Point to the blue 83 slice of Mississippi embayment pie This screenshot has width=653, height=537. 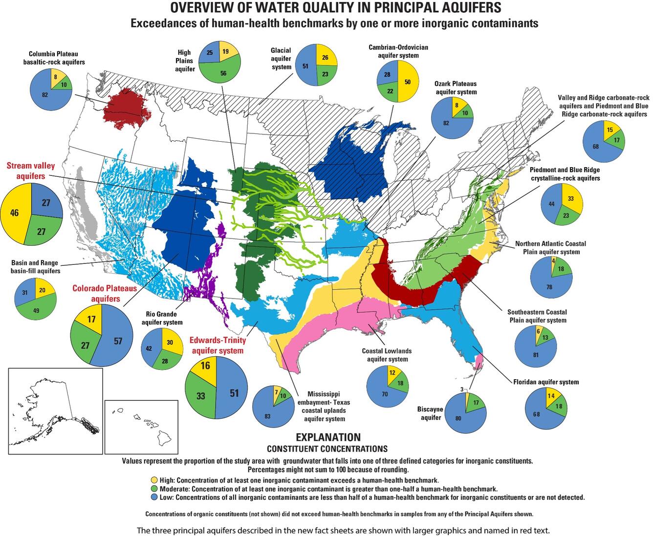[x=268, y=416]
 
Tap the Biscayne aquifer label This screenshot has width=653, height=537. [x=430, y=413]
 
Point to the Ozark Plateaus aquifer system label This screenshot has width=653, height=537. [x=456, y=87]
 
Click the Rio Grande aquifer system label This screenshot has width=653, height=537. [x=162, y=318]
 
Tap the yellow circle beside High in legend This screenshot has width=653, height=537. [x=155, y=479]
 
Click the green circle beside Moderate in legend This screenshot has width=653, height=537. [x=155, y=489]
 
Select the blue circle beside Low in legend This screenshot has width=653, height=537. [x=155, y=497]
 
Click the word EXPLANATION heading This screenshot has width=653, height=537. [x=328, y=437]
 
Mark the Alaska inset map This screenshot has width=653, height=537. [x=55, y=411]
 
